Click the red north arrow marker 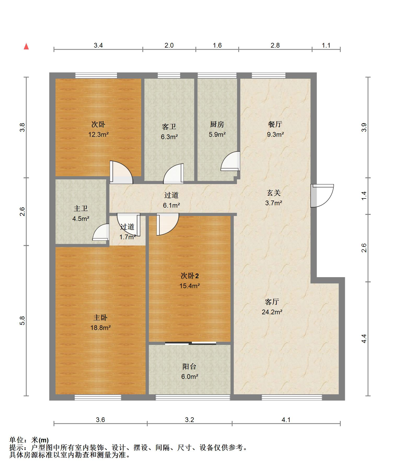tap(26, 46)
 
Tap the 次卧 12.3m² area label tap(98, 129)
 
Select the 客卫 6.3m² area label tap(169, 132)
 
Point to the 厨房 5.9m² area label tap(217, 129)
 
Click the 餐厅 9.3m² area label tap(275, 129)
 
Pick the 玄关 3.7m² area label tap(274, 198)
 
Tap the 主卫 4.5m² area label tap(81, 213)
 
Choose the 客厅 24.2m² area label tap(272, 307)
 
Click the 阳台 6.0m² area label tap(189, 372)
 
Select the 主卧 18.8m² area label tap(100, 322)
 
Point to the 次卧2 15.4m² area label tap(189, 281)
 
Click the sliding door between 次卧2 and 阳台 tap(190, 343)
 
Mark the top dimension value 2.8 tap(275, 45)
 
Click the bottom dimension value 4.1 tap(286, 420)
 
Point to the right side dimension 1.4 tap(364, 196)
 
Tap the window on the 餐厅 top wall tap(269, 76)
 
